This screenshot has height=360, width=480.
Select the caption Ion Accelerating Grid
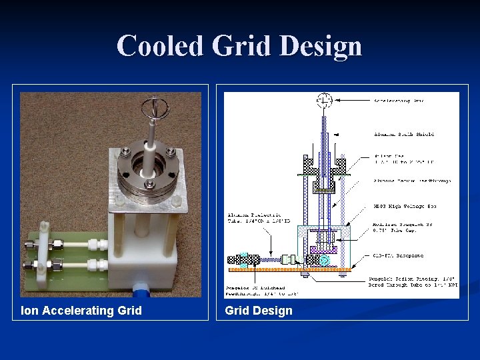tap(81, 310)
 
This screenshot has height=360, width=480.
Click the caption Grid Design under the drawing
tap(259, 310)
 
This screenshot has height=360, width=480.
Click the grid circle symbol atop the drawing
tap(325, 101)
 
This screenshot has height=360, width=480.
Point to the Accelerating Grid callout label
tap(399, 101)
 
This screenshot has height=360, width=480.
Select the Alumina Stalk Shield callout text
tap(404, 134)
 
